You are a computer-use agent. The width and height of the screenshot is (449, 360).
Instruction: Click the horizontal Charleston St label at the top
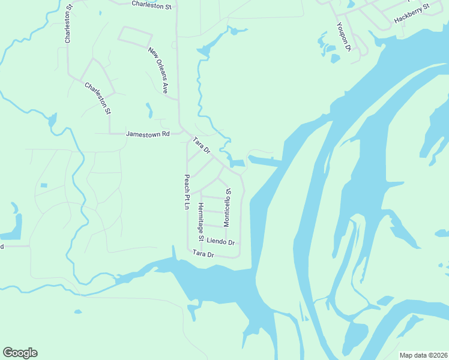[x=151, y=5]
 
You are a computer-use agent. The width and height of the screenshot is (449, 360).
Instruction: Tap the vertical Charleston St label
[x=68, y=23]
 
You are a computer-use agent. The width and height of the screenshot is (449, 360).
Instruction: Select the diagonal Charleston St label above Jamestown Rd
[x=98, y=98]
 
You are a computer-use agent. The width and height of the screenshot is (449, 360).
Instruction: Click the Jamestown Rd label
[x=148, y=134]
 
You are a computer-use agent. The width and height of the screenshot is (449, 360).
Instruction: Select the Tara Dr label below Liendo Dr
[x=203, y=254]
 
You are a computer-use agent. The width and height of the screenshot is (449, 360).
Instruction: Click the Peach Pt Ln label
[x=187, y=192]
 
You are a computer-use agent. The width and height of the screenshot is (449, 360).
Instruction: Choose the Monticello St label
[x=227, y=207]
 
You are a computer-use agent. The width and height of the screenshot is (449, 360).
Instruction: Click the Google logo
[x=20, y=353]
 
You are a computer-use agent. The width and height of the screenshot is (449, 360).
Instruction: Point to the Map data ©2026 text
[x=423, y=355]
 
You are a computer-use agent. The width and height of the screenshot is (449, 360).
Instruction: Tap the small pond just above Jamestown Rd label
[x=149, y=110]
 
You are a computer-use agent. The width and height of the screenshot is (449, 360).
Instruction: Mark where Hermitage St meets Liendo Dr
[x=201, y=241]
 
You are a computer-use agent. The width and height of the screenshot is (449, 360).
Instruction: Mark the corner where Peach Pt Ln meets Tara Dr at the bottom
[x=188, y=250]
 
